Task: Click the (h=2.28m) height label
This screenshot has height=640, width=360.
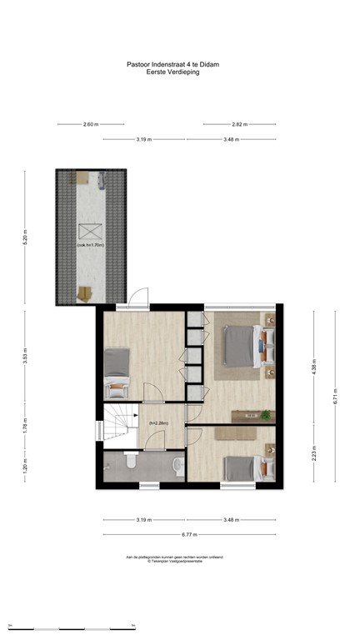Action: click(158, 423)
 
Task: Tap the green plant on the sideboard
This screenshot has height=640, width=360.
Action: click(265, 414)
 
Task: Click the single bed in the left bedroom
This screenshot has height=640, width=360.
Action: click(117, 372)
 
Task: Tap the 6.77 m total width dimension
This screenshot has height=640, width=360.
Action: click(190, 534)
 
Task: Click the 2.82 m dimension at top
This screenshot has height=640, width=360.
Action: click(238, 124)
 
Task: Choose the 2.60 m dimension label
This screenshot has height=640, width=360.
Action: click(91, 124)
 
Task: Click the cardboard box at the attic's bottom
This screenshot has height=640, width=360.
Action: click(85, 292)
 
